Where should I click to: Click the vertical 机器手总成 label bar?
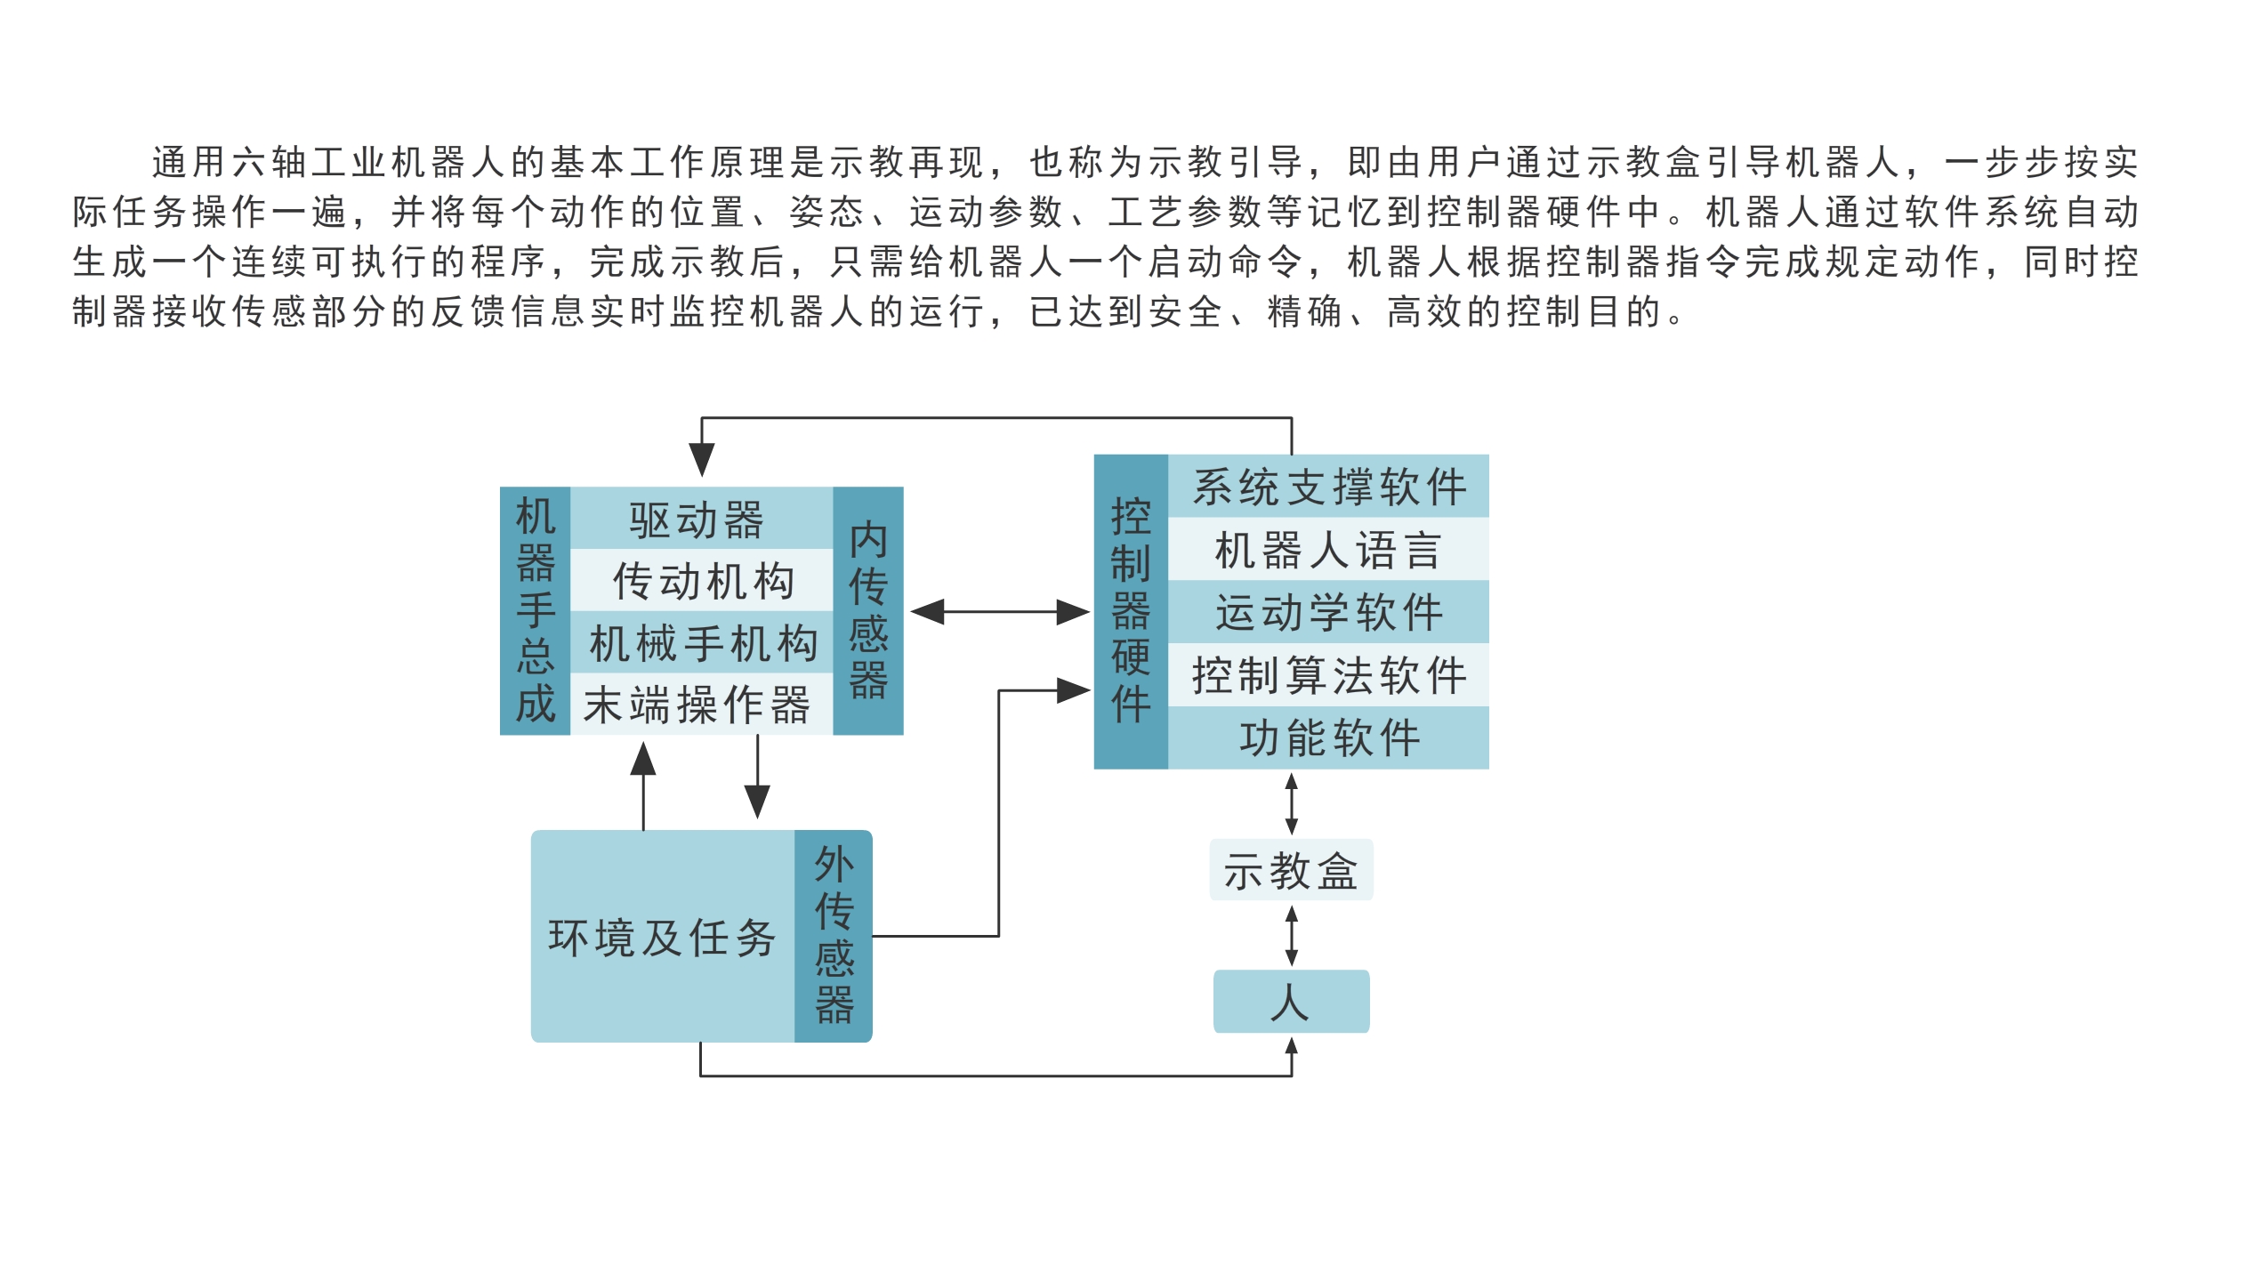[x=535, y=611]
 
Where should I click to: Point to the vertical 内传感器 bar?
[x=867, y=611]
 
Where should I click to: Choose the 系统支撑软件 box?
[x=1328, y=487]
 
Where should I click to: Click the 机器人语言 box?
[x=1328, y=549]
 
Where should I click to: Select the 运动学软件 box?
[x=1328, y=612]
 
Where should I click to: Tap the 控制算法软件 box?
[x=1328, y=674]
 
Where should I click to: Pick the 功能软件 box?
[x=1328, y=737]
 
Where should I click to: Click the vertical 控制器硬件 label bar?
[x=1131, y=611]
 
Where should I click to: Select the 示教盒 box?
[x=1291, y=870]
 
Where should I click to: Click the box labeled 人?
[x=1291, y=1002]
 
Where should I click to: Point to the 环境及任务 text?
[x=662, y=938]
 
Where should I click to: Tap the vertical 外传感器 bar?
[x=834, y=936]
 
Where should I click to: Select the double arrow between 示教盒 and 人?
[x=1292, y=936]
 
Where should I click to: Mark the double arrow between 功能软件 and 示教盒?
[x=1292, y=804]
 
